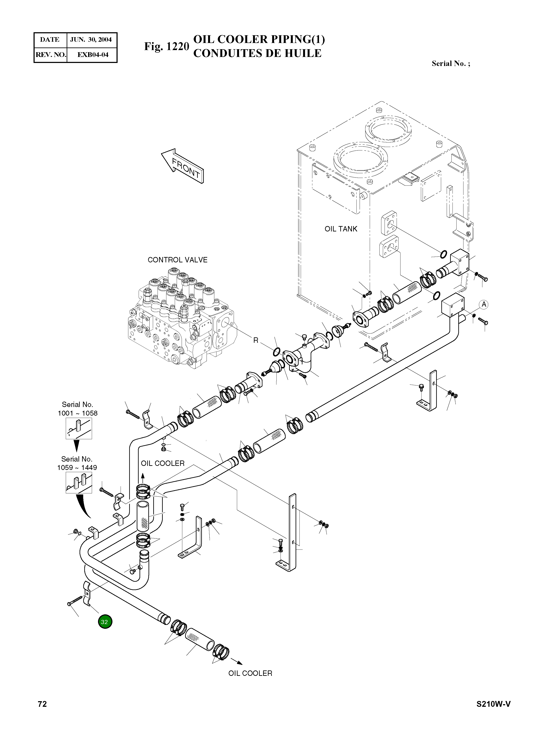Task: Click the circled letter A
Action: (483, 304)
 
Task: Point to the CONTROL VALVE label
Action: (178, 260)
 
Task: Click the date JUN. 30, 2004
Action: (91, 40)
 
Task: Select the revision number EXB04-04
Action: (93, 55)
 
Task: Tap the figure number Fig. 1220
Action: (166, 46)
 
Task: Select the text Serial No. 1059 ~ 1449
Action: (77, 463)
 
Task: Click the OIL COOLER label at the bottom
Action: (250, 673)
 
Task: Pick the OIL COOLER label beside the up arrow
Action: (163, 463)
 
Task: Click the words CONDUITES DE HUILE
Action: (257, 53)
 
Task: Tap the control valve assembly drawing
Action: (181, 319)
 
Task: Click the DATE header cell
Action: (50, 40)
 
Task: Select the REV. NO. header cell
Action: (50, 55)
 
